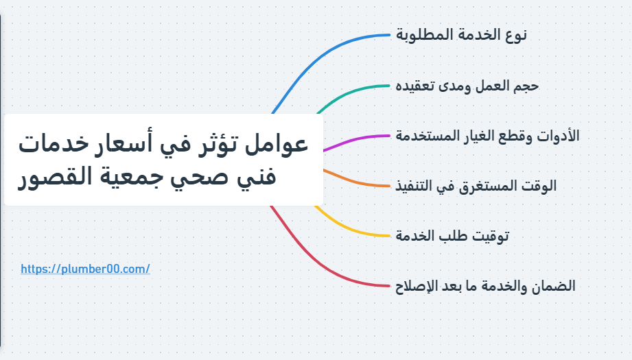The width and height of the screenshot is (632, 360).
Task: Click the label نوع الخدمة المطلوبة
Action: [462, 35]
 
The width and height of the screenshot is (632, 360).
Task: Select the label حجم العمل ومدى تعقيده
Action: [467, 86]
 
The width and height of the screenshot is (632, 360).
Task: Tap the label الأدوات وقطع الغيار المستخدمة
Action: [487, 136]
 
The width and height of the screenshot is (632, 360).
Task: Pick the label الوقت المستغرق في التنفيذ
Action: [476, 185]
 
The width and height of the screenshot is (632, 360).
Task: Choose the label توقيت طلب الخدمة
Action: [452, 236]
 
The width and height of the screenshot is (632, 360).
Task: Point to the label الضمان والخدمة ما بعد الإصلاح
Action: [485, 286]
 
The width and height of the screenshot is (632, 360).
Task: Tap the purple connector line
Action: [357, 139]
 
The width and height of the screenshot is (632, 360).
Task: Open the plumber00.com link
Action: [85, 269]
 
